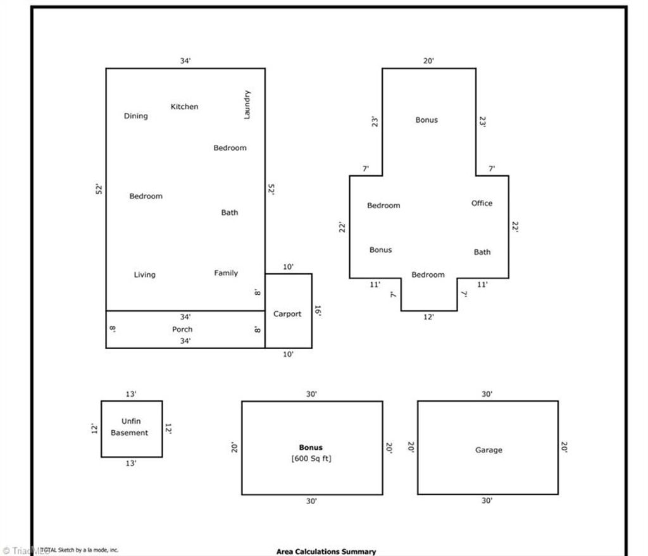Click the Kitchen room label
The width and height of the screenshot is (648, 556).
pyautogui.click(x=184, y=107)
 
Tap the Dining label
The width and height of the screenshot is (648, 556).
pyautogui.click(x=135, y=116)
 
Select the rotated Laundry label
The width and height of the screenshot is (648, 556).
pyautogui.click(x=247, y=104)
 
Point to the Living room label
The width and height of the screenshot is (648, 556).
pyautogui.click(x=144, y=275)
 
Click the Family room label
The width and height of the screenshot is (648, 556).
pyautogui.click(x=226, y=273)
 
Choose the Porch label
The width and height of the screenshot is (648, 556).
pyautogui.click(x=182, y=330)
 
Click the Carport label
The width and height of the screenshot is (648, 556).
pyautogui.click(x=287, y=314)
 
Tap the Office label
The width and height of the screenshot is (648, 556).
pyautogui.click(x=482, y=204)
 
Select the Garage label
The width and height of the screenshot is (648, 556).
pyautogui.click(x=489, y=450)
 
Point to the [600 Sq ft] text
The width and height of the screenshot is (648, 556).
pyautogui.click(x=311, y=459)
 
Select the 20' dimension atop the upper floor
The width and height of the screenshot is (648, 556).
pyautogui.click(x=428, y=61)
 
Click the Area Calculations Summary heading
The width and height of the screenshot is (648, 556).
pyautogui.click(x=326, y=552)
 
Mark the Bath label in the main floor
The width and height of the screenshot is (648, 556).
pyautogui.click(x=230, y=213)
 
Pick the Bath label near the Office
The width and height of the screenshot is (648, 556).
pyautogui.click(x=482, y=252)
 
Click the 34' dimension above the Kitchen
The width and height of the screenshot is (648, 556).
pyautogui.click(x=185, y=61)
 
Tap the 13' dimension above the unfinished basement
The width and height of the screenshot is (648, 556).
pyautogui.click(x=131, y=394)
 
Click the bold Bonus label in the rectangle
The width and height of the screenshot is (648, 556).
pyautogui.click(x=311, y=448)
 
